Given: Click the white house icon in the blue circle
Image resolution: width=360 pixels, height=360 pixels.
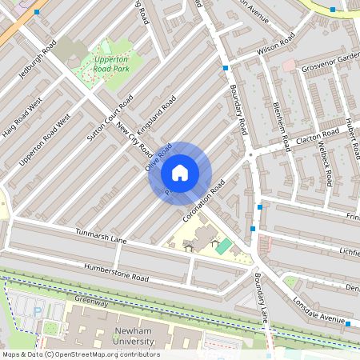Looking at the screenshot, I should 180,173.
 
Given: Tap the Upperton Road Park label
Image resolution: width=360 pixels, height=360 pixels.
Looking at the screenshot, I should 111,64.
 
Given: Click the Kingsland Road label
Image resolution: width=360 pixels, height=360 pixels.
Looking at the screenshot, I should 156,115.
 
